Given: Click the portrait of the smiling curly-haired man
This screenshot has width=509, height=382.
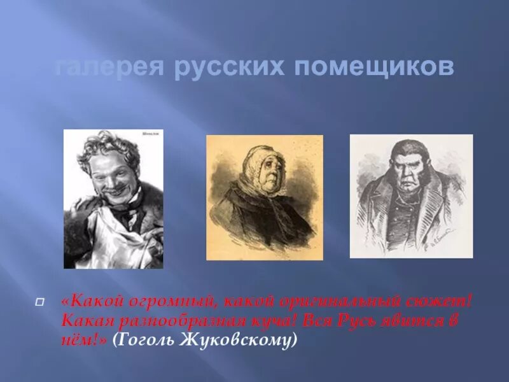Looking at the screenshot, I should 113,199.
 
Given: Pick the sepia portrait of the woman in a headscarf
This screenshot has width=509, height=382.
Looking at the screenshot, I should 264,197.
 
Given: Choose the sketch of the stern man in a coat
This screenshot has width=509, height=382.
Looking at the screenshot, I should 411,196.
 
